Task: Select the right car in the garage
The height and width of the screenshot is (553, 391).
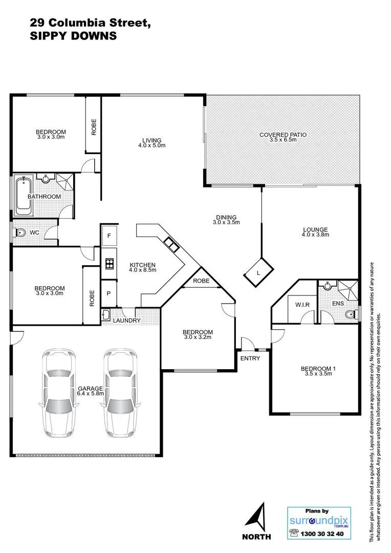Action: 121,391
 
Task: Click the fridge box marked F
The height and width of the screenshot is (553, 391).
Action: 108,237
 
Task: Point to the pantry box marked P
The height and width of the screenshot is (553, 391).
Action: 108,294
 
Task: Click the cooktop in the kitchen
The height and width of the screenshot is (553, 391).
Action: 109,264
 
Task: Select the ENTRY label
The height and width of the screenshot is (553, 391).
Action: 250,358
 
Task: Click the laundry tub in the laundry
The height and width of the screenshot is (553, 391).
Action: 106,314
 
